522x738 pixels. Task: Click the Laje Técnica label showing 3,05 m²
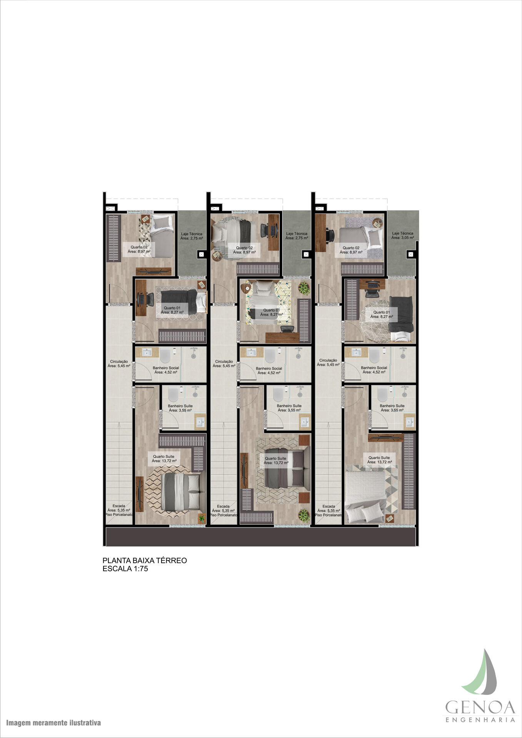(x=403, y=236)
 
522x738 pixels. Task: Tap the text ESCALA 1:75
(x=125, y=569)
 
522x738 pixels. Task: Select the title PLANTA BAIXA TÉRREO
(x=145, y=560)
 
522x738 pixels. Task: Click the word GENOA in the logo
(x=480, y=707)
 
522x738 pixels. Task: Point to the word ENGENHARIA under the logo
(x=480, y=720)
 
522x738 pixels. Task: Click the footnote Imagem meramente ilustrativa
(x=53, y=723)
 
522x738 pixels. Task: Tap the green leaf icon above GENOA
(x=481, y=672)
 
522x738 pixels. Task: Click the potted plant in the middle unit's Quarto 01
(x=304, y=288)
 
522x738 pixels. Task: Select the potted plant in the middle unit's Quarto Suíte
(x=304, y=515)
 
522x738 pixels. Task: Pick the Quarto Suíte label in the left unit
(x=164, y=459)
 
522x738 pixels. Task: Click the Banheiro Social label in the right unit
(x=374, y=370)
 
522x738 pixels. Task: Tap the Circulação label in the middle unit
(x=224, y=364)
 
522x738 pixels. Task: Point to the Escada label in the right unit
(x=329, y=510)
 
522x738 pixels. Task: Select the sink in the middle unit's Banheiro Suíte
(x=305, y=422)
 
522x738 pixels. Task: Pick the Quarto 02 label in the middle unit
(x=244, y=250)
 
